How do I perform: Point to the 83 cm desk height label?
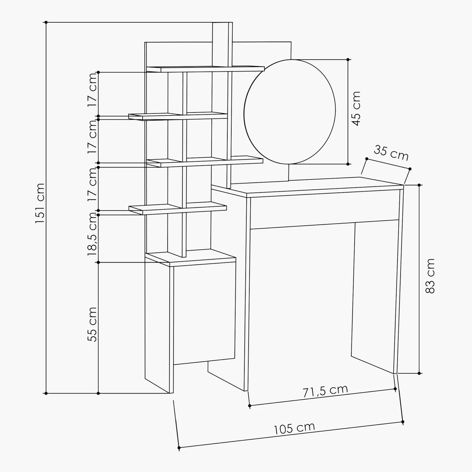tap(430, 276)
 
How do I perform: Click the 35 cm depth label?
tap(391, 153)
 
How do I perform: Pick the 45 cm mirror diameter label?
tap(356, 108)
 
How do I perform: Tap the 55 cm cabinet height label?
tap(92, 324)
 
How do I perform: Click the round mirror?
tap(290, 112)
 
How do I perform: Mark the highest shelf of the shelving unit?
tap(205, 69)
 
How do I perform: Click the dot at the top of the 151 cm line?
tap(46, 22)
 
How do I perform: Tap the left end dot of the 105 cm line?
tap(179, 448)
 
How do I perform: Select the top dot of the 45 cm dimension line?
tap(348, 59)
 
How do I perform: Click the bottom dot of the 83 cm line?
tap(419, 373)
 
